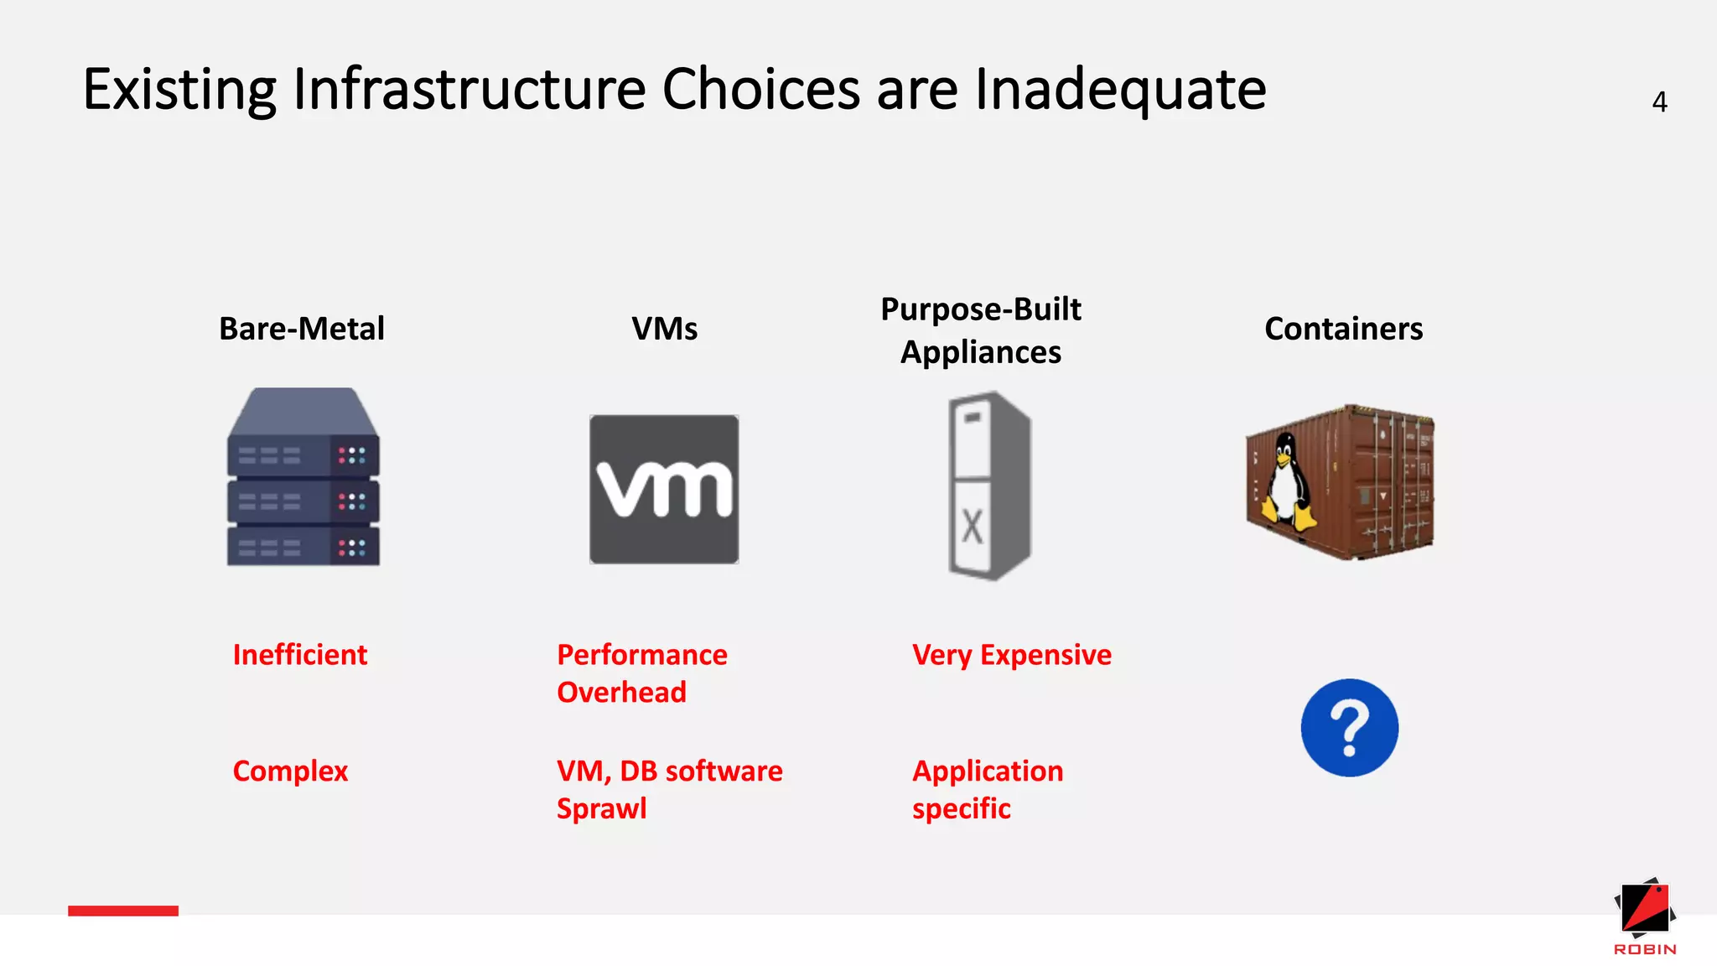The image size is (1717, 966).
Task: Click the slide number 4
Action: pos(1659,102)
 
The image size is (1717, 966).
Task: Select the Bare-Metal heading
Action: pos(302,329)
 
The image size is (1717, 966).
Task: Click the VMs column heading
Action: pos(664,329)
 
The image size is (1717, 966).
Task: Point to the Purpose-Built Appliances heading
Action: pos(981,330)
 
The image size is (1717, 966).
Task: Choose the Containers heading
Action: pos(1343,329)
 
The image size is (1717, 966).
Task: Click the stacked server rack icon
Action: pos(303,478)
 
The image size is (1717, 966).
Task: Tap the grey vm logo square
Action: pos(664,489)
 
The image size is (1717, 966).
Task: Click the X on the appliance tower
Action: pos(972,527)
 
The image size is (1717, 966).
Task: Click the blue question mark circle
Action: pos(1349,728)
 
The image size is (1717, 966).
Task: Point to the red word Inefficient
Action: pos(300,655)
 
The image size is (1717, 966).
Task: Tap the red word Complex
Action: pos(290,771)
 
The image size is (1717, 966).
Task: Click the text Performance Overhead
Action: pos(642,673)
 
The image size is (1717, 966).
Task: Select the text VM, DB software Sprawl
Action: pos(669,789)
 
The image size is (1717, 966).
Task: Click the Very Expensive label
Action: pos(1012,655)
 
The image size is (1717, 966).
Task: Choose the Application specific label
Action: pos(988,789)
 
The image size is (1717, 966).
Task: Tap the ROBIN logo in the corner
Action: pos(1645,917)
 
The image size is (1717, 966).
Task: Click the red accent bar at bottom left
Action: pos(123,911)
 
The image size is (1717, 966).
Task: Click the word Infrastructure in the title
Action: pos(469,89)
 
